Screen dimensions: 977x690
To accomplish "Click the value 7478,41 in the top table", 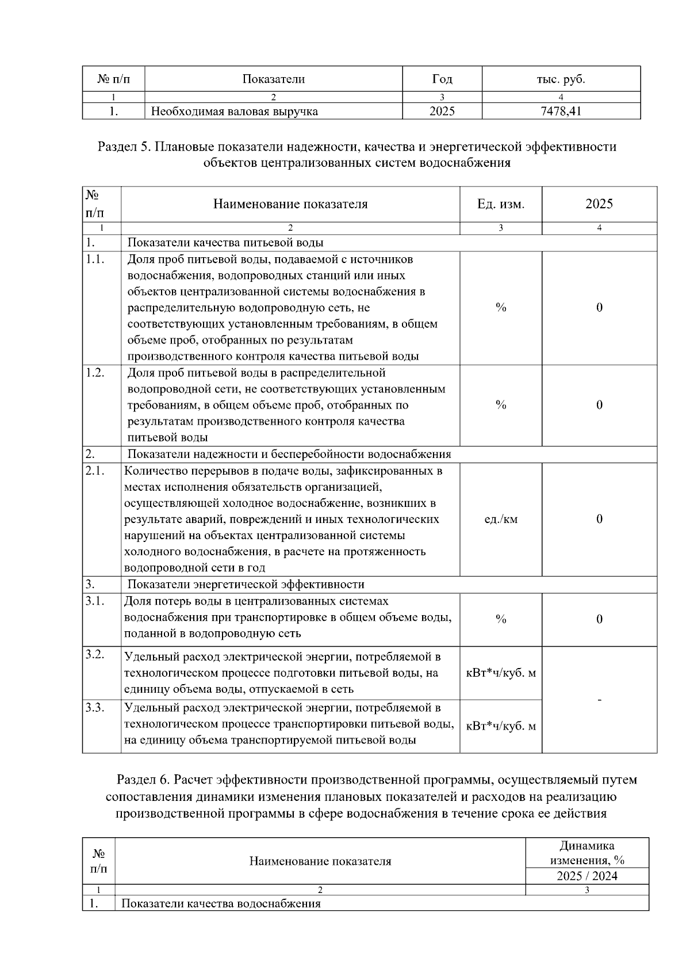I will [561, 111].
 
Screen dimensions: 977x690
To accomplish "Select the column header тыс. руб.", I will [561, 79].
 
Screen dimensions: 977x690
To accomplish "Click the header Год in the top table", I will [442, 79].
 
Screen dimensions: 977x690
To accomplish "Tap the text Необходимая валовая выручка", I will [234, 112].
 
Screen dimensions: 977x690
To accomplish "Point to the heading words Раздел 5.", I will [124, 147].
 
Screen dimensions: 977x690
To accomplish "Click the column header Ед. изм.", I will [500, 204].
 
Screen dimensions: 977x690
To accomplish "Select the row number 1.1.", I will [95, 259].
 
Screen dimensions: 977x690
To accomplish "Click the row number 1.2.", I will [95, 372].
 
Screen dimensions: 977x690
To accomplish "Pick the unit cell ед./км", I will [500, 519].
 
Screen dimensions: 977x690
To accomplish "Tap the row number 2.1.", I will [95, 471].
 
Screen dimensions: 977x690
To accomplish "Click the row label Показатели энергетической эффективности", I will [246, 585].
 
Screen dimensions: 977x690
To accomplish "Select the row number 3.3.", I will [95, 708].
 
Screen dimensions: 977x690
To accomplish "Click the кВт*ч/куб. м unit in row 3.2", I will [500, 673].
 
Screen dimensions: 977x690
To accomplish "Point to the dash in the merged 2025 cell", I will [599, 700].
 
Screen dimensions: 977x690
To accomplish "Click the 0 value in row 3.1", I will [599, 619].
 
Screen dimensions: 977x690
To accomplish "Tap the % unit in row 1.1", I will [500, 307].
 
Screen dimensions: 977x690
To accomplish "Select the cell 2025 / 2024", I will [586, 876].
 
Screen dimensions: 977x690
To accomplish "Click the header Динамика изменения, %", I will [586, 853].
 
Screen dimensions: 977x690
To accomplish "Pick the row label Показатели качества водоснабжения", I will [221, 903].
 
